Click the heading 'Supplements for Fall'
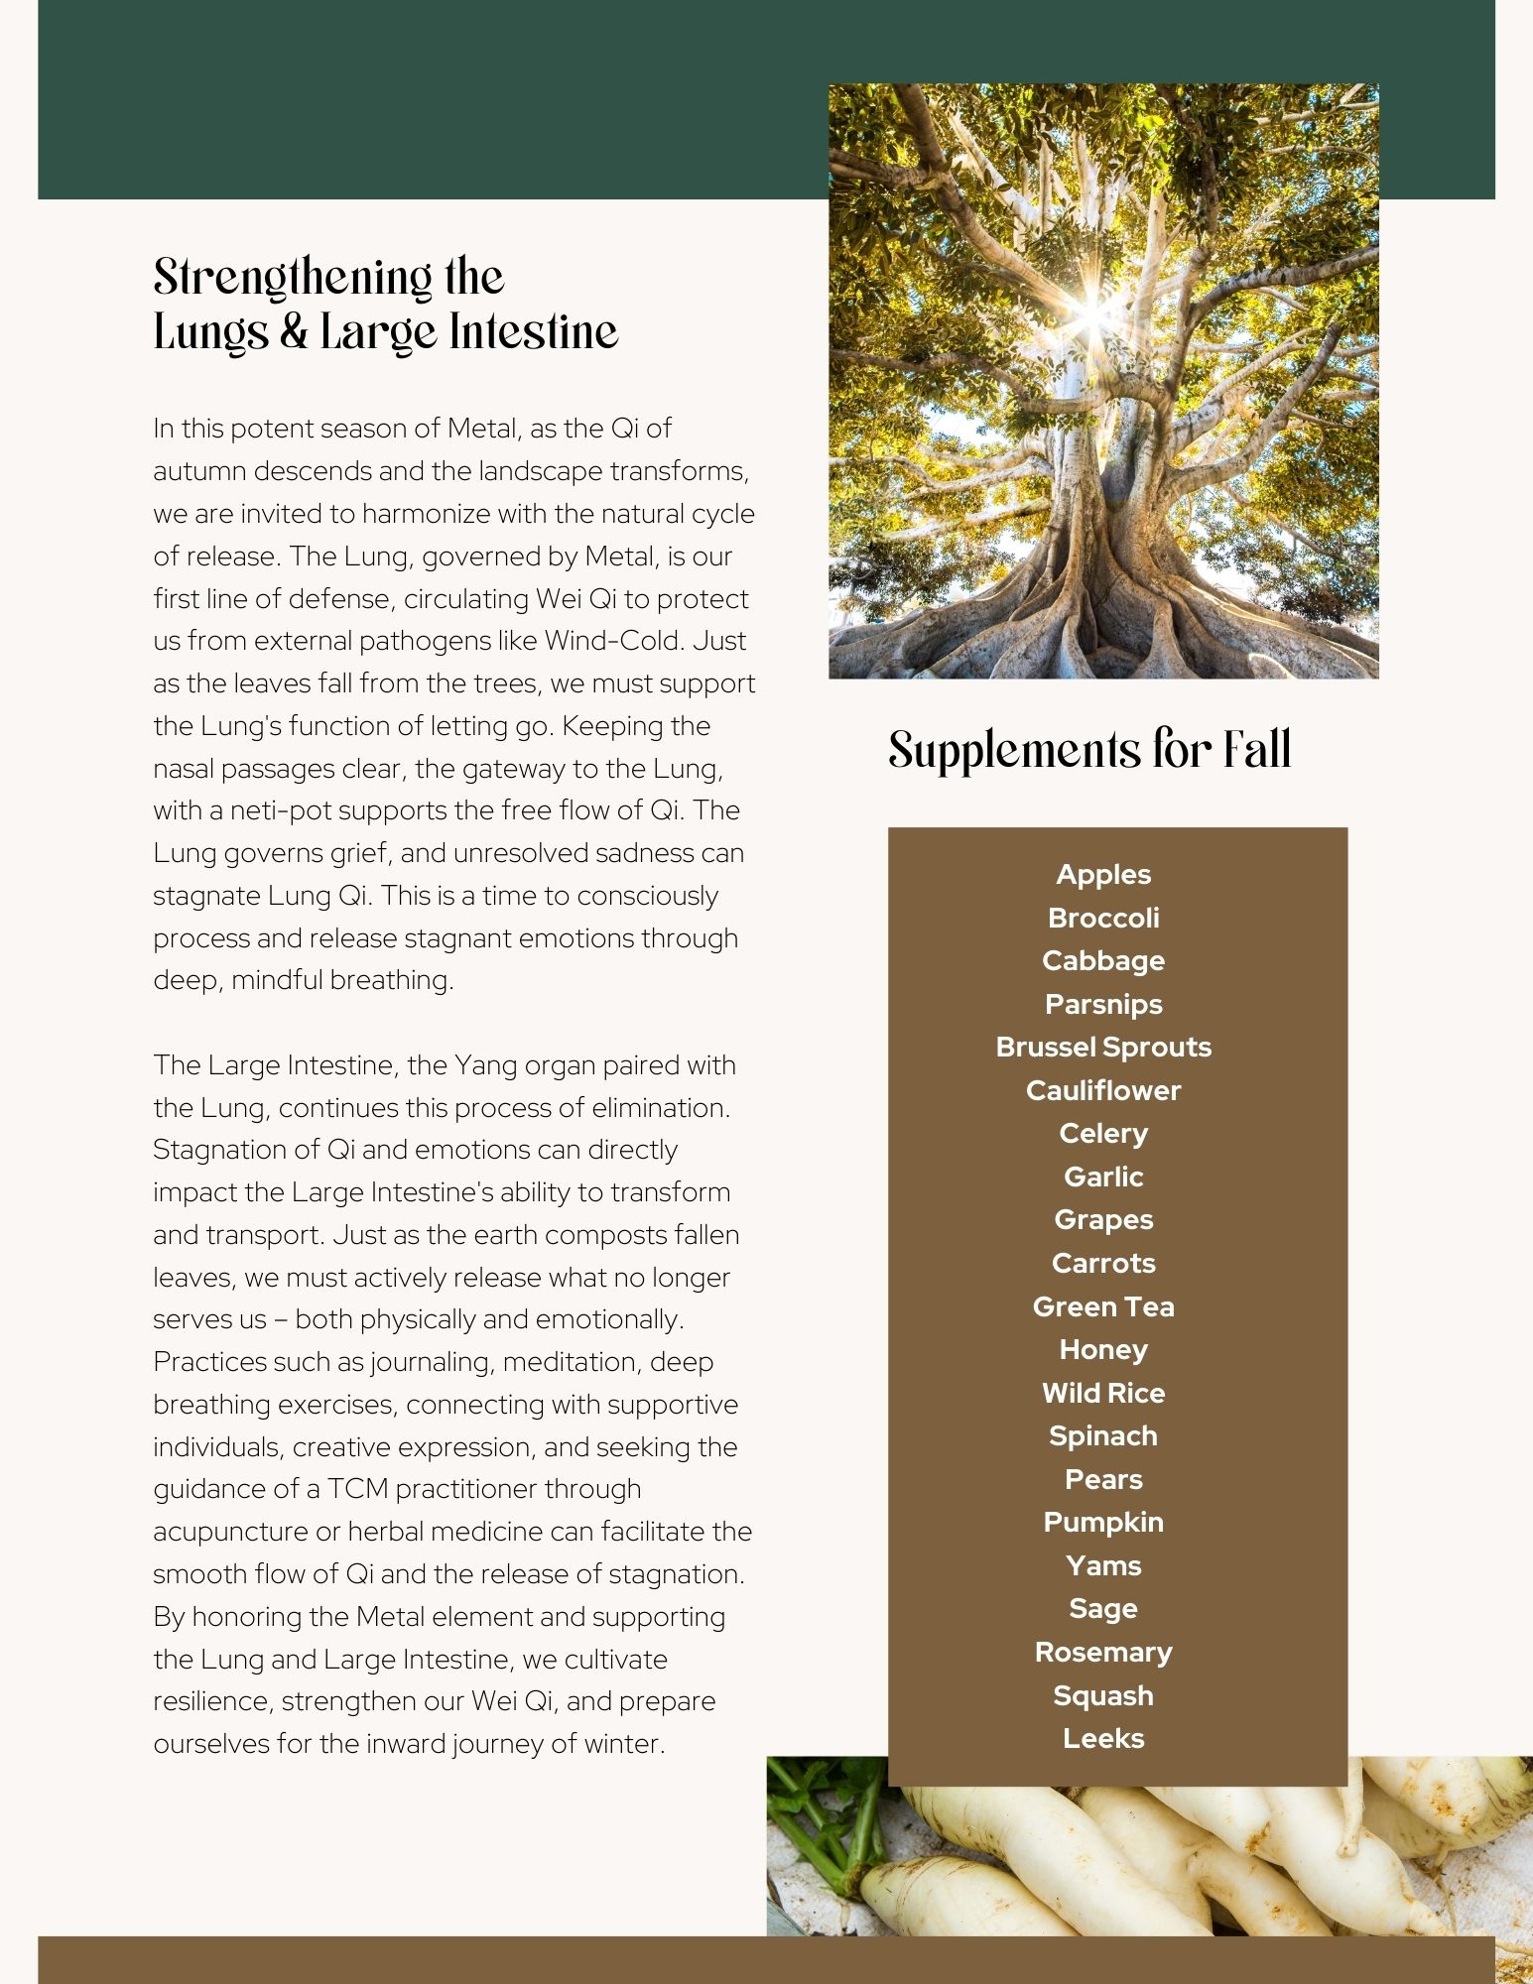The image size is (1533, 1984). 1088,750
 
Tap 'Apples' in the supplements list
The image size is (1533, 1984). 1103,875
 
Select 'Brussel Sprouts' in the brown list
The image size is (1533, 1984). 1103,1048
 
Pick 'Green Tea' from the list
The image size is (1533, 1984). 1103,1306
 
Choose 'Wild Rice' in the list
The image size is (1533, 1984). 1103,1393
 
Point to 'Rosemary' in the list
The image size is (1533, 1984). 1103,1652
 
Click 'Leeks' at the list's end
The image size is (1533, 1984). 1103,1738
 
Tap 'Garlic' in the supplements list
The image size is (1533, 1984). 1103,1177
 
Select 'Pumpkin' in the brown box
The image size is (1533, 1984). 1103,1522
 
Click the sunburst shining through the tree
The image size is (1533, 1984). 1090,313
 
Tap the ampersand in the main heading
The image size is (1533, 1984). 293,332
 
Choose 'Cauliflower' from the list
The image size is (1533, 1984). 1103,1090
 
